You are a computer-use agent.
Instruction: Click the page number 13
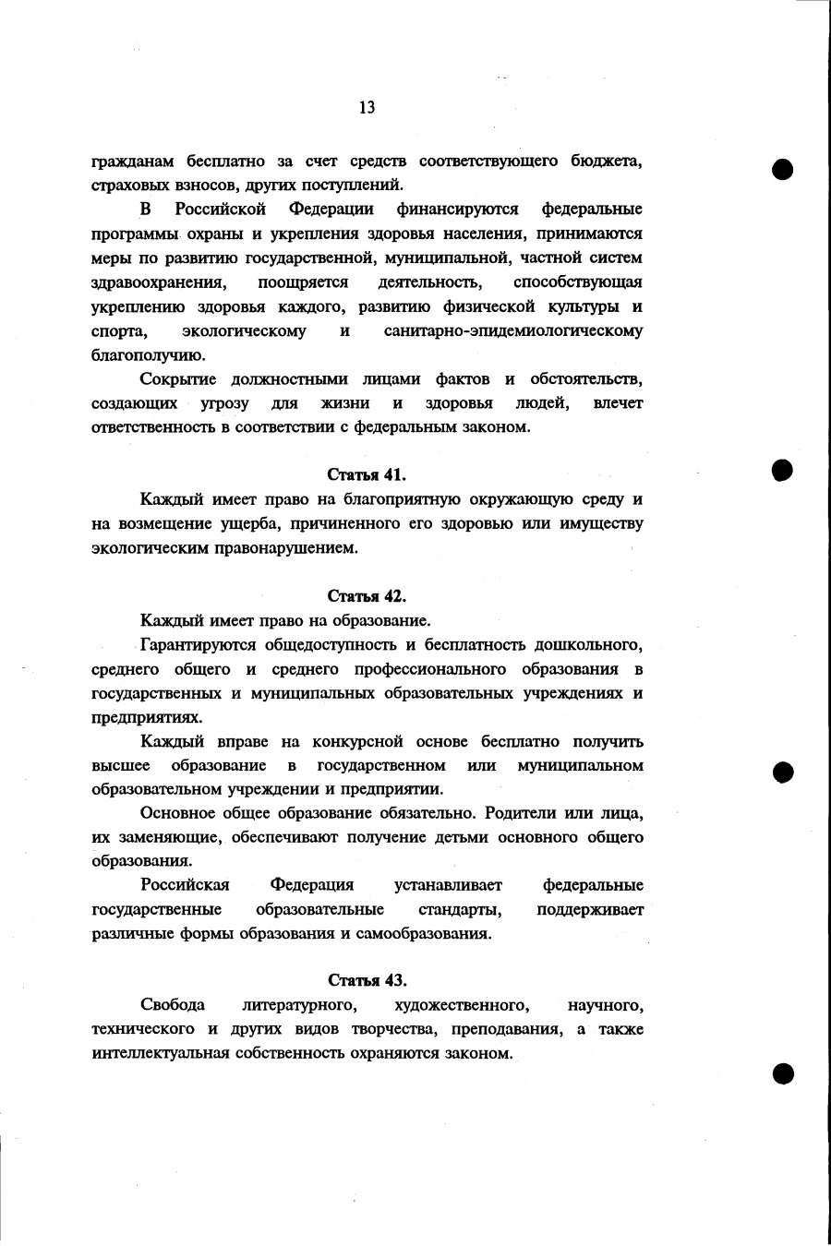(x=367, y=108)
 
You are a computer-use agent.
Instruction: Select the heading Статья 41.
(x=367, y=474)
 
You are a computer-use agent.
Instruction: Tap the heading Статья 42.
(x=367, y=595)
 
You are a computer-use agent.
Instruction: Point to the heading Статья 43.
(x=367, y=979)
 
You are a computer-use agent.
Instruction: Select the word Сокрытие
(x=178, y=378)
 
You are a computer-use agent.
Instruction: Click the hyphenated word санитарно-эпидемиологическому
(x=513, y=330)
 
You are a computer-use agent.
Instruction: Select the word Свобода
(x=173, y=1004)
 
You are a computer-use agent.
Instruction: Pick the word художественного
(x=461, y=1004)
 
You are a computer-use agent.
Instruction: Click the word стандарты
(x=460, y=909)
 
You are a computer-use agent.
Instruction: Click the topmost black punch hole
(x=783, y=170)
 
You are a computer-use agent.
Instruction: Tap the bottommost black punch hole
(x=783, y=1072)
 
